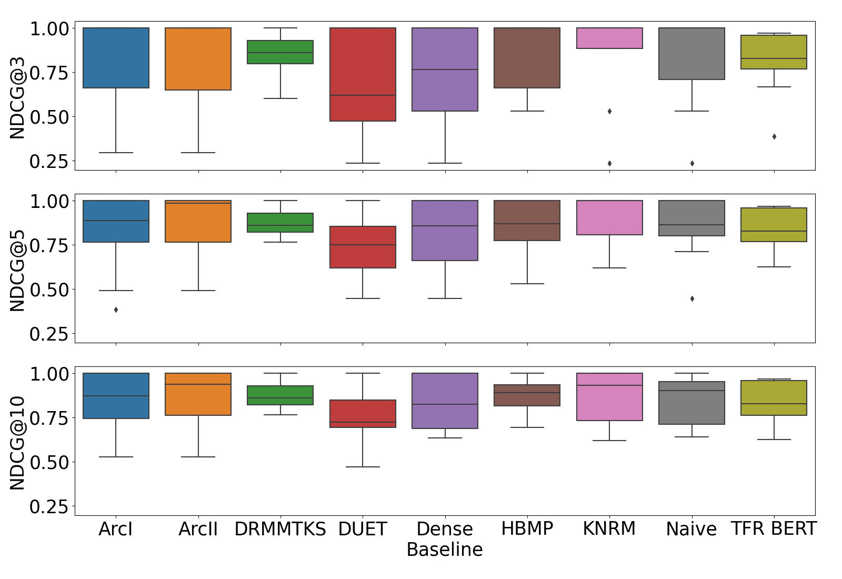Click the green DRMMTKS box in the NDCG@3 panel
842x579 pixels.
click(280, 52)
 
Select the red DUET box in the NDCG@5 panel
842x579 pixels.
click(363, 247)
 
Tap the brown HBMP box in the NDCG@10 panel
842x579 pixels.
click(527, 395)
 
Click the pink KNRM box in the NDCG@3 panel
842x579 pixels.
click(609, 38)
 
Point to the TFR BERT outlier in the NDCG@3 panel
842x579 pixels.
click(774, 137)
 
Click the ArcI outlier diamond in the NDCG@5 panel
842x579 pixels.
click(116, 310)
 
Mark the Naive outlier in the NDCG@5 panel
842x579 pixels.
click(692, 299)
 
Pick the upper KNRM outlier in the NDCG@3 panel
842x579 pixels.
click(609, 112)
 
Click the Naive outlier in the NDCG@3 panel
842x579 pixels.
click(692, 164)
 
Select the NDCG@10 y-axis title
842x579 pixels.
click(17, 443)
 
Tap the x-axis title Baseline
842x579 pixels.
click(445, 550)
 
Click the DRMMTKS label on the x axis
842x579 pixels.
click(280, 529)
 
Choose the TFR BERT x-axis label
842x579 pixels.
click(774, 529)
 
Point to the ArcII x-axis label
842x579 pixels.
click(198, 529)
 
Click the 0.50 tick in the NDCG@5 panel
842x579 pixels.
click(49, 290)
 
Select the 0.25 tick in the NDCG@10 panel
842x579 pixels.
click(49, 507)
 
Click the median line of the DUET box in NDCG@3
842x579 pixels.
click(363, 95)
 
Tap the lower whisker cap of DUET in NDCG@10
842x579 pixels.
click(363, 467)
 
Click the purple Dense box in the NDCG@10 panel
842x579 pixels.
click(445, 401)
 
